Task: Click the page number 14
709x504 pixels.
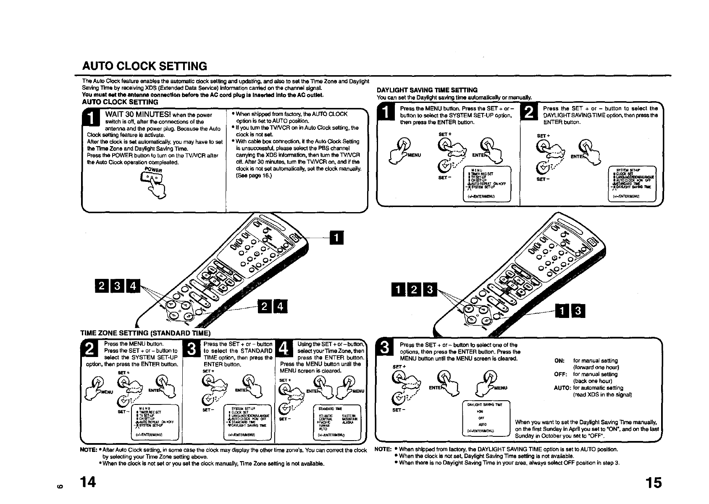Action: pyautogui.click(x=89, y=483)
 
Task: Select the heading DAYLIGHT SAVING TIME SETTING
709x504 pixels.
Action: pyautogui.click(x=427, y=90)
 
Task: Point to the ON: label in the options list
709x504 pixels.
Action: pyautogui.click(x=559, y=360)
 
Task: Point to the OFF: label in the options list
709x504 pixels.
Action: pyautogui.click(x=560, y=374)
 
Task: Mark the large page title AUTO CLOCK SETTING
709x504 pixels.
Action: pyautogui.click(x=144, y=66)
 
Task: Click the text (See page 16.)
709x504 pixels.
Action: pyautogui.click(x=254, y=176)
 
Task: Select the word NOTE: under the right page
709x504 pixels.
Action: pyautogui.click(x=383, y=449)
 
